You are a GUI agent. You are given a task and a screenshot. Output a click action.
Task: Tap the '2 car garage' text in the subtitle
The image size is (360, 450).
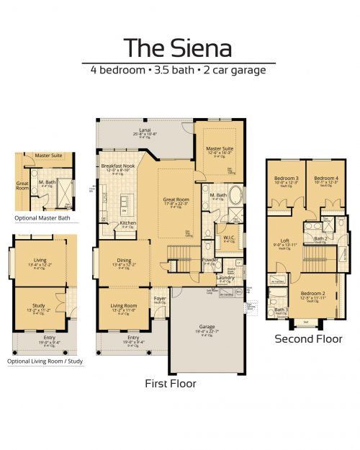click(235, 71)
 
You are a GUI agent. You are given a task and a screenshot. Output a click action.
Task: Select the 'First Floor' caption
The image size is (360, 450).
click(171, 383)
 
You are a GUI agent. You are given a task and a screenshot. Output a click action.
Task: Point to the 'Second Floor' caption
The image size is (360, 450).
click(309, 338)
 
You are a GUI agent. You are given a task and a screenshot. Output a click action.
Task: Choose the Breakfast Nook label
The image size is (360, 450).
click(119, 166)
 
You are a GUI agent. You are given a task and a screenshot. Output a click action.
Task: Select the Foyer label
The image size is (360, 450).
click(160, 297)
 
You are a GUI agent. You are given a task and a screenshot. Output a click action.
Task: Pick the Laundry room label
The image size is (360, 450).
click(225, 277)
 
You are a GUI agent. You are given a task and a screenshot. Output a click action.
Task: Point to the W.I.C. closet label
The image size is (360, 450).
click(229, 237)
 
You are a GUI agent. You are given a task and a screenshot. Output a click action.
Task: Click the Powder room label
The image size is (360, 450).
click(210, 259)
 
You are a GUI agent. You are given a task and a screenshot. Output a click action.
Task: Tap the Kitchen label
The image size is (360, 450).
click(128, 223)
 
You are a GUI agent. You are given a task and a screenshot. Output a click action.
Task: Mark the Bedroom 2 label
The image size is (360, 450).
click(312, 293)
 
